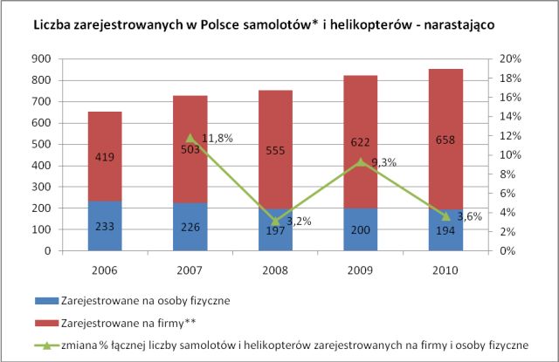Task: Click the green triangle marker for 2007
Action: tap(190, 138)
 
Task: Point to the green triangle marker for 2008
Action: tap(274, 221)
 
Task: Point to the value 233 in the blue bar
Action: tap(106, 225)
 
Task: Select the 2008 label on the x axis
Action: tap(274, 268)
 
